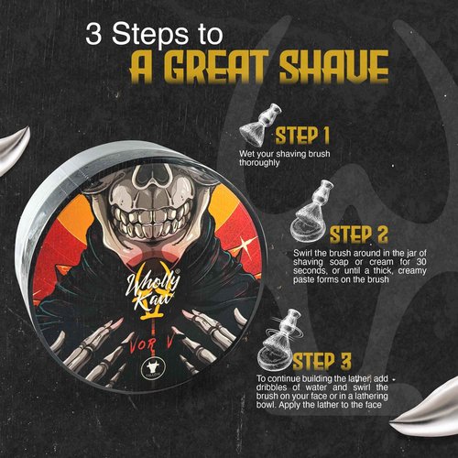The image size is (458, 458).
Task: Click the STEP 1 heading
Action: tap(302, 136)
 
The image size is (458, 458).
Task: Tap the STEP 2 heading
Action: tap(358, 234)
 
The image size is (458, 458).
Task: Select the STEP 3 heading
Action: tap(322, 361)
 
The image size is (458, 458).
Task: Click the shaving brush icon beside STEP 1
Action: tap(259, 125)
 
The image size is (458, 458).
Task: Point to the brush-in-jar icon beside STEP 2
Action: tap(311, 211)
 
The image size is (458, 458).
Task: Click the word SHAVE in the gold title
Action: tap(334, 67)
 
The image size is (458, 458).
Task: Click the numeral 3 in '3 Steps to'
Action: tap(93, 34)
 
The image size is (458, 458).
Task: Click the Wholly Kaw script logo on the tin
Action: tap(153, 289)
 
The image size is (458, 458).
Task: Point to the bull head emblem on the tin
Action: tap(154, 367)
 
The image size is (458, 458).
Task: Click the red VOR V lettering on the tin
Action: tap(152, 344)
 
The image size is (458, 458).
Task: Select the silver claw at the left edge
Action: tap(14, 149)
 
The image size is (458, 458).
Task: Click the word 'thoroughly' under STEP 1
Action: tap(259, 163)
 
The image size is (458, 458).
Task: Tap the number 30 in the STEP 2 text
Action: tap(420, 262)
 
